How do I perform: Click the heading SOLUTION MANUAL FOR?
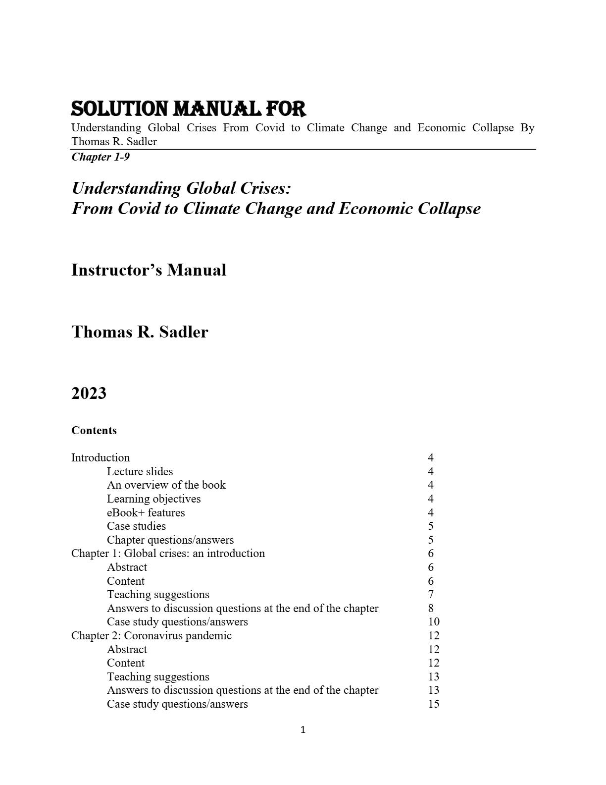click(188, 109)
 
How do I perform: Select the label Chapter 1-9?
click(101, 157)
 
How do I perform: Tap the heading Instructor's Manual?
click(149, 270)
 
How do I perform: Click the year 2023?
click(89, 393)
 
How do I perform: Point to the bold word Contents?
click(94, 430)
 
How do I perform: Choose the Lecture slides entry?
click(140, 471)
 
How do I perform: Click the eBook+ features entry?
click(146, 512)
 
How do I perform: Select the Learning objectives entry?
click(153, 499)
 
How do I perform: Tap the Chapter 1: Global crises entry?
click(168, 554)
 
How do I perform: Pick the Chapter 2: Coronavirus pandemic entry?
click(151, 635)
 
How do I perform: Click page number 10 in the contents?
click(434, 621)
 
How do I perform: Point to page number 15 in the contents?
click(434, 704)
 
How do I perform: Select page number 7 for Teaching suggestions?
click(431, 594)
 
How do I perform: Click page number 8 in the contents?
click(431, 608)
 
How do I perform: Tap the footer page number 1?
click(303, 729)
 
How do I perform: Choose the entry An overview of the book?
click(166, 485)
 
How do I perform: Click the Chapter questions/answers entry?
click(170, 540)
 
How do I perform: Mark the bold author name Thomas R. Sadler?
click(140, 332)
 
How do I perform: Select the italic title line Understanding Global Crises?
click(181, 188)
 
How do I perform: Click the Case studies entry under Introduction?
click(136, 526)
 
